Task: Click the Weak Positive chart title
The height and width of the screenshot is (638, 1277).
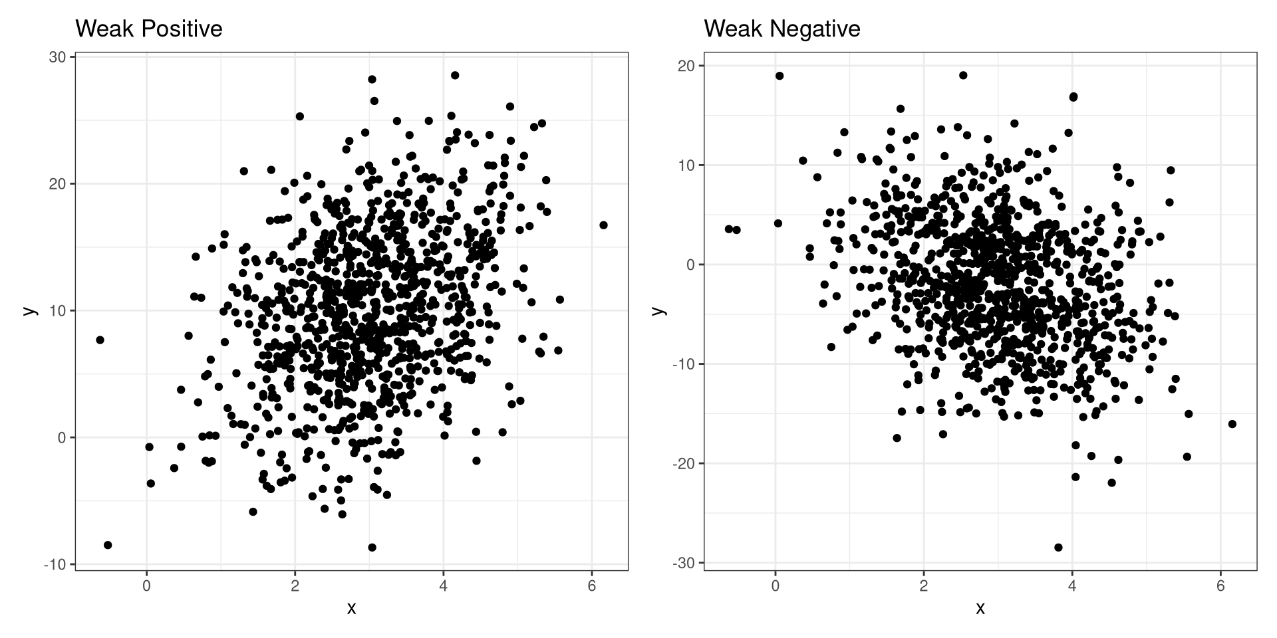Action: coord(148,29)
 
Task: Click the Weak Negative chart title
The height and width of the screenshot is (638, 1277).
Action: coord(781,29)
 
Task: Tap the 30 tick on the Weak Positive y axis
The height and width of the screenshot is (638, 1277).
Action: coord(57,57)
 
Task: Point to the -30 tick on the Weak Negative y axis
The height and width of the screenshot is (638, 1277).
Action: coord(682,563)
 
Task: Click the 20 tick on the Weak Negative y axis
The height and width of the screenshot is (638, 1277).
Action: coord(686,66)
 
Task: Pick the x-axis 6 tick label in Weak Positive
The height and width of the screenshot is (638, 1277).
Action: coord(591,587)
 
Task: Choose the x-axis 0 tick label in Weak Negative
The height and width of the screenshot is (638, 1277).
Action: coord(775,587)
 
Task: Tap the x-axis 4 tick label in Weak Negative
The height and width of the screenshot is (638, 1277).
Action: coord(1071,587)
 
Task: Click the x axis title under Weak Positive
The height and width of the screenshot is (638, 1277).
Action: coord(351,608)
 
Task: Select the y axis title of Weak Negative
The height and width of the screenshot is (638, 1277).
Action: coord(658,311)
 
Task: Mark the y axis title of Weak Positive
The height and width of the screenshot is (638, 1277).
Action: coord(29,311)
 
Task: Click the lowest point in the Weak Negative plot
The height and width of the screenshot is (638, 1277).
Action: coord(1058,548)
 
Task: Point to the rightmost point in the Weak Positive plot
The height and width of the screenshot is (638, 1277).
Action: coord(603,225)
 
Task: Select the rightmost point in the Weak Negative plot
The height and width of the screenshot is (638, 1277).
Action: coord(1232,424)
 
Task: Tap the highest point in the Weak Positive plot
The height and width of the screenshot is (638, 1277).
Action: coord(455,75)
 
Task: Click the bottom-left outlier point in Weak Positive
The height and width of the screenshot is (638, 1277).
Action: coord(108,545)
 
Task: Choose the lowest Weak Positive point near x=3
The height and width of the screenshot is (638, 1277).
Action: coord(372,548)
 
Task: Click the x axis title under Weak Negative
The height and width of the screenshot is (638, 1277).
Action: coord(980,608)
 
